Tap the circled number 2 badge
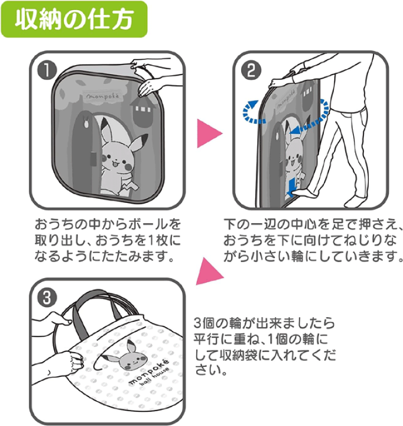point(249,71)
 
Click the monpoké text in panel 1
point(103,95)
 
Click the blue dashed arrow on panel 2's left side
point(253,109)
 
